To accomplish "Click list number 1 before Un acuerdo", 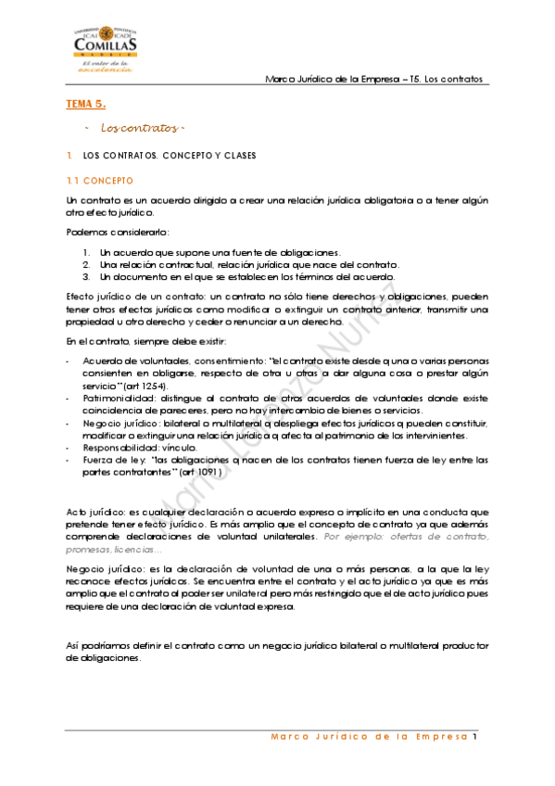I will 84,252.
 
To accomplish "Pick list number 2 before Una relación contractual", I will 84,264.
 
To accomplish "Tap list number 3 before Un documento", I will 84,276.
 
